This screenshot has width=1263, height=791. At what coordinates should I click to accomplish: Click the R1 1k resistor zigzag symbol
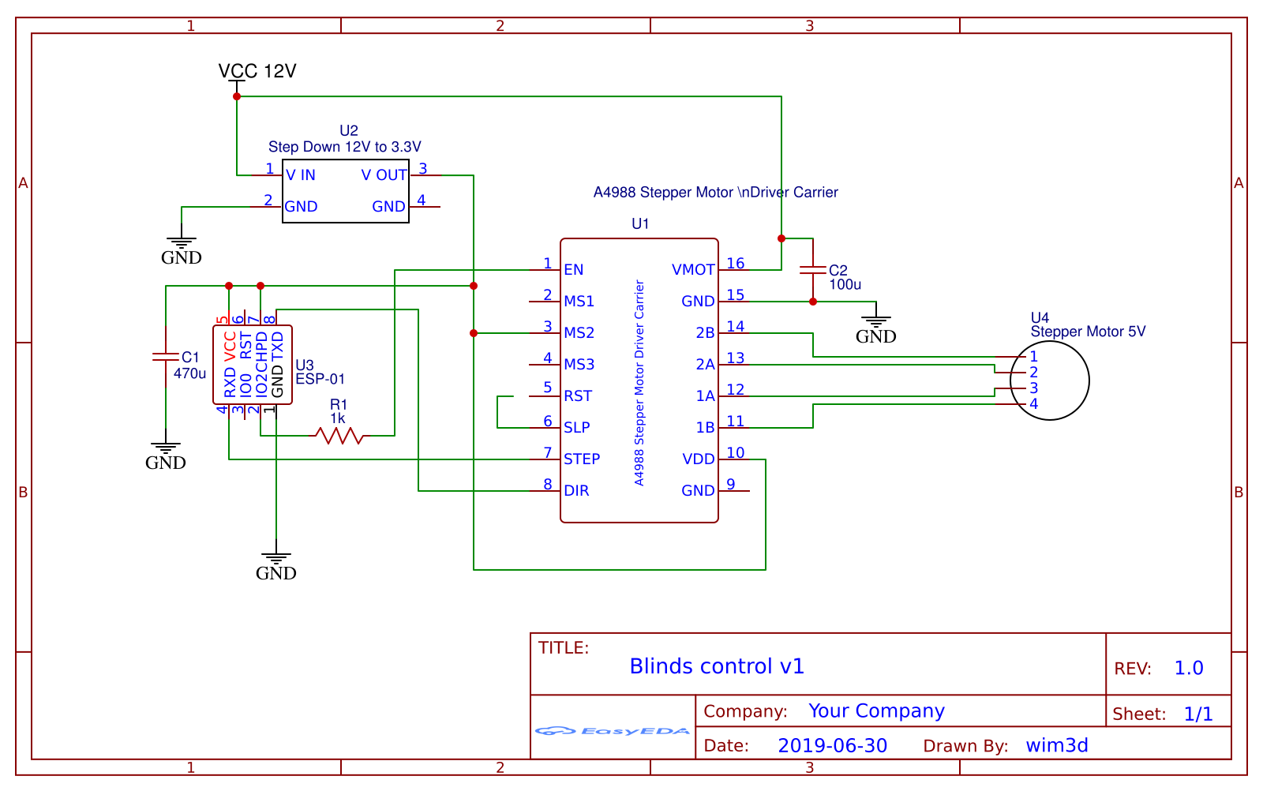(339, 435)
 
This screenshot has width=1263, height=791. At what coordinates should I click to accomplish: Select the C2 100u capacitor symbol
(813, 270)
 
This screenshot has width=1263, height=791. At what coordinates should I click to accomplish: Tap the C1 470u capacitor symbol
(166, 357)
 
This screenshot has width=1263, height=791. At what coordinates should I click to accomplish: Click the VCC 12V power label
(257, 72)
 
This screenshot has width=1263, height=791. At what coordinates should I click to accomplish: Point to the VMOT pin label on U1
(693, 270)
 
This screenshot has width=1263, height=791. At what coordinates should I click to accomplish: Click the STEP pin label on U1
(582, 459)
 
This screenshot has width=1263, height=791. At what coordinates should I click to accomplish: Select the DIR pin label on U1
(576, 491)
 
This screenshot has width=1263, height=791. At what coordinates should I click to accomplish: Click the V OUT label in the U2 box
(384, 175)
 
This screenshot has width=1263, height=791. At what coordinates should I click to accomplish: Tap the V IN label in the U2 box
(301, 175)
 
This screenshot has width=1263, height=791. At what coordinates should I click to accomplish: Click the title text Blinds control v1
(717, 667)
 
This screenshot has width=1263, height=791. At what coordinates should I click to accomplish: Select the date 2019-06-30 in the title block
(832, 746)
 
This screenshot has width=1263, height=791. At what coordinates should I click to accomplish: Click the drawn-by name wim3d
(1057, 746)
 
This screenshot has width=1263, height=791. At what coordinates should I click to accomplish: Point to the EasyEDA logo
(613, 731)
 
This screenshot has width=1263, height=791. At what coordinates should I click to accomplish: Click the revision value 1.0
(1189, 669)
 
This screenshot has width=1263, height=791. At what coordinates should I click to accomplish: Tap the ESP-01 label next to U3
(320, 380)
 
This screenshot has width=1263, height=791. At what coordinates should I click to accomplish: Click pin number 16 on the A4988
(735, 264)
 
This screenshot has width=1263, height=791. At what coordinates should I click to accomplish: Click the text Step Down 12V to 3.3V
(345, 147)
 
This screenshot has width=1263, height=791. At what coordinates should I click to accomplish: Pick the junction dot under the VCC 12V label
(237, 96)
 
